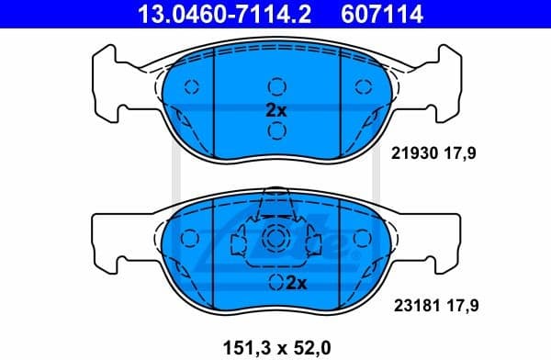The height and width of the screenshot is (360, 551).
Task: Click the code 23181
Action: pyautogui.click(x=411, y=302)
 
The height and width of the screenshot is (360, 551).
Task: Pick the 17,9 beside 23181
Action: pyautogui.click(x=461, y=302)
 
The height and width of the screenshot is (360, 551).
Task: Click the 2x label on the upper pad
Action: pyautogui.click(x=275, y=109)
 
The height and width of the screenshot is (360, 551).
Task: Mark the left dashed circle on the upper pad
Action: pyautogui.click(x=192, y=88)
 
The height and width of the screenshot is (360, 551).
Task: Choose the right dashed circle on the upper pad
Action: pyautogui.click(x=360, y=88)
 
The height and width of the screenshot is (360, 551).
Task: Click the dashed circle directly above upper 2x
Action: pyautogui.click(x=275, y=87)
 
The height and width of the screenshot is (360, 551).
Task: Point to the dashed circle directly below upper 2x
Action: pyautogui.click(x=275, y=130)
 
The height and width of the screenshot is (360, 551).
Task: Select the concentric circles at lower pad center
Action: pyautogui.click(x=275, y=241)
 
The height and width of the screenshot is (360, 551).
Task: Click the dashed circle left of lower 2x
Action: pyautogui.click(x=275, y=282)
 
